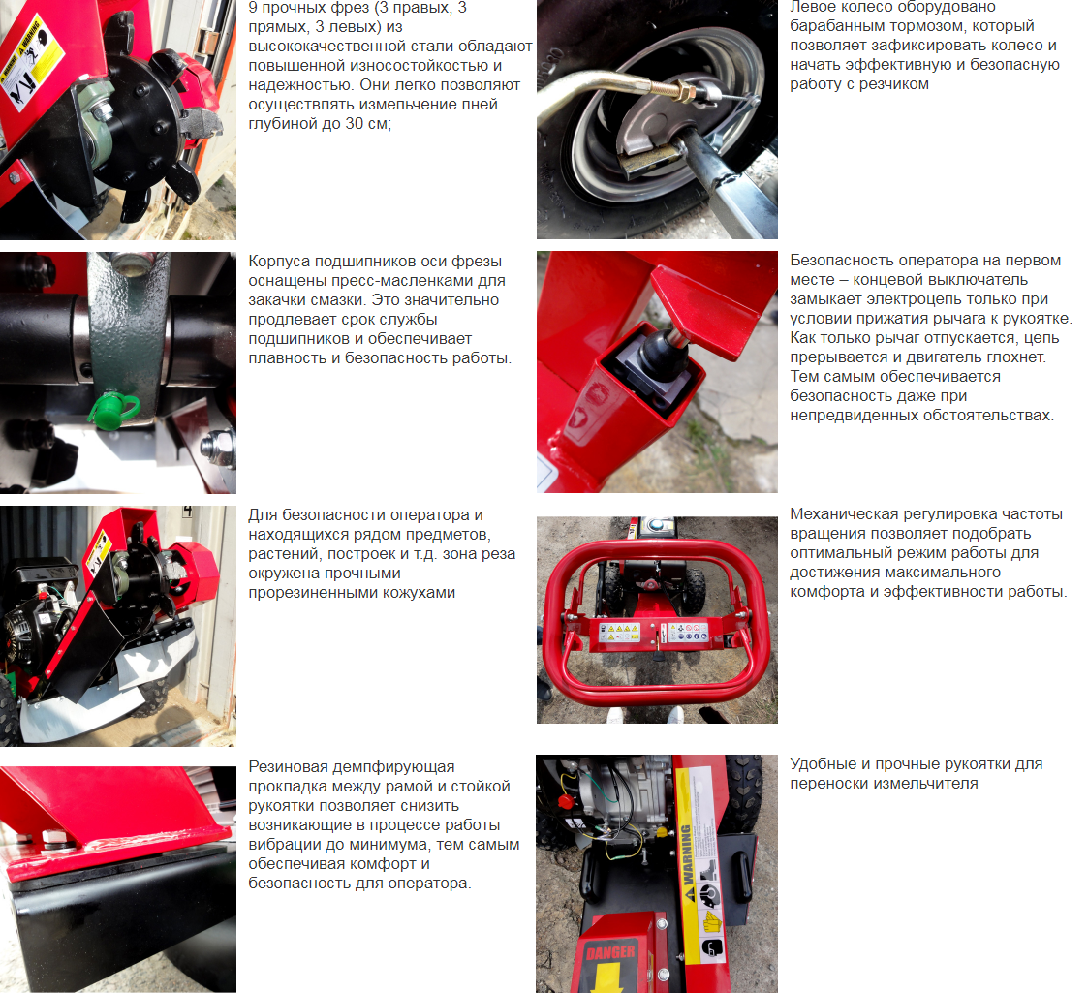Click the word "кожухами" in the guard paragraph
point(421,593)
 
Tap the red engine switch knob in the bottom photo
point(565,802)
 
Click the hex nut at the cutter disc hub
point(104,109)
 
